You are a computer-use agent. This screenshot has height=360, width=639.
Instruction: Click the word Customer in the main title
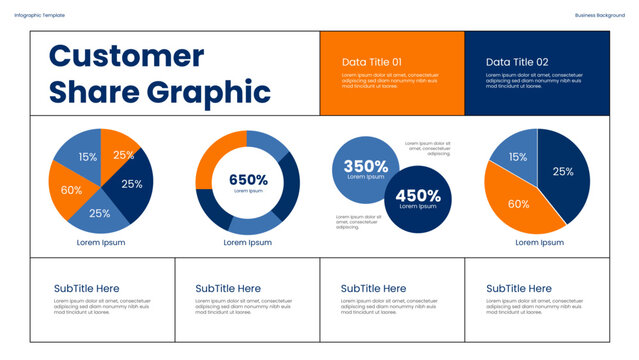(x=126, y=56)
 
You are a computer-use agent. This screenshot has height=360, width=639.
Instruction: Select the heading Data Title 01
(x=372, y=62)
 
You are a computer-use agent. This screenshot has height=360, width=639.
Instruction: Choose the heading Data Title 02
(x=517, y=62)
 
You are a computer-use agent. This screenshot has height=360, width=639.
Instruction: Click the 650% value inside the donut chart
(x=248, y=180)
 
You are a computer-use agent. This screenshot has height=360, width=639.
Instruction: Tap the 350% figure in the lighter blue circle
(x=365, y=166)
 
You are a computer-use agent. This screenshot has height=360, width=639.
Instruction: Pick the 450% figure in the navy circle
(x=418, y=196)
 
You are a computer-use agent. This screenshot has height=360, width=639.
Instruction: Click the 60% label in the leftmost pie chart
(x=71, y=190)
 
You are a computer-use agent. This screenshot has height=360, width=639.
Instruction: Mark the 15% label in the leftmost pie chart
(x=88, y=157)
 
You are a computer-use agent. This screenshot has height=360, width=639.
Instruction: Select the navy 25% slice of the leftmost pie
(x=136, y=182)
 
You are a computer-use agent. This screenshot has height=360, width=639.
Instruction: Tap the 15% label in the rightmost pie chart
(x=517, y=157)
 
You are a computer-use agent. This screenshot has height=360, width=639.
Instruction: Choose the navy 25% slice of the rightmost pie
(x=565, y=175)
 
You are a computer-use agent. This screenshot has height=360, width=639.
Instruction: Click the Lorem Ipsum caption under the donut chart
(x=248, y=242)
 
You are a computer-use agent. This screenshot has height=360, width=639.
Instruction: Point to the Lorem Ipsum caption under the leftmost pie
(x=101, y=242)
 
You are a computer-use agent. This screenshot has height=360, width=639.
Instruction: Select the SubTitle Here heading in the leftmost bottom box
(x=87, y=288)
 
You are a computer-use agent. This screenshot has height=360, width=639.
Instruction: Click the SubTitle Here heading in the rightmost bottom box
(x=519, y=288)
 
